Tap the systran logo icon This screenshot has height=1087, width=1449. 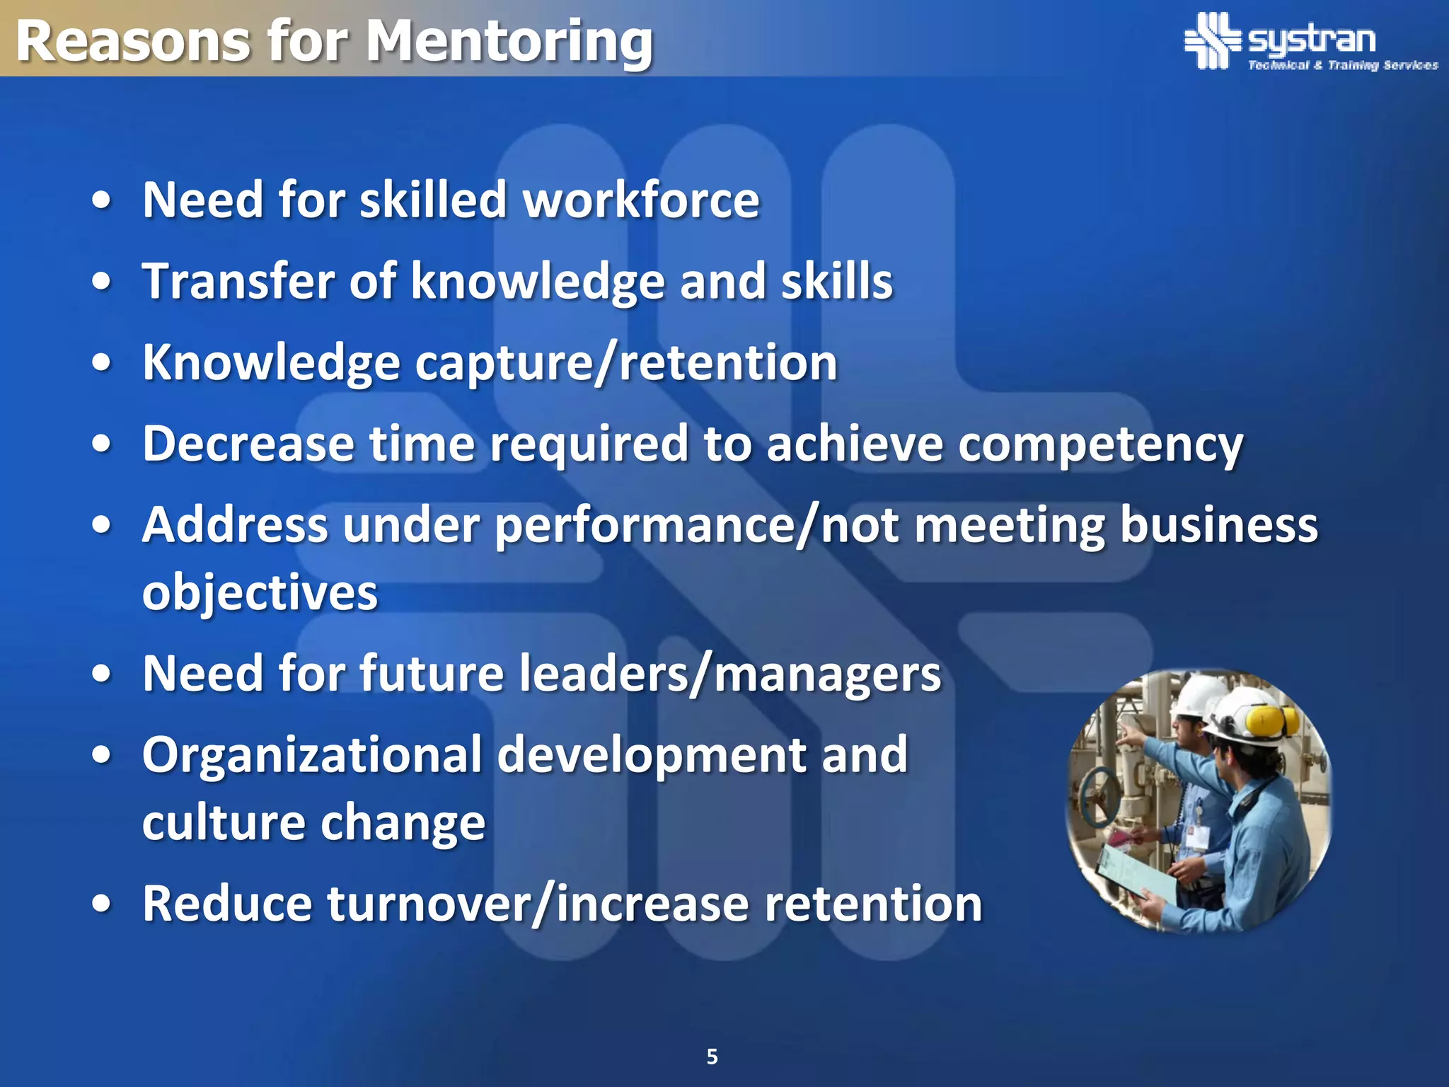pos(1212,40)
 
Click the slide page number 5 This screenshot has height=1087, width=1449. pos(712,1057)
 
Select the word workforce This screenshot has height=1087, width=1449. pos(641,200)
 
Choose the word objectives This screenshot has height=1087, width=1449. pos(260,592)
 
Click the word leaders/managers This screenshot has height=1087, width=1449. pos(730,674)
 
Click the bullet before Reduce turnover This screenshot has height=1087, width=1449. pos(102,904)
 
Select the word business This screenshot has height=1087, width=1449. pos(1219,526)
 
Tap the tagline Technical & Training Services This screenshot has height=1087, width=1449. pos(1342,65)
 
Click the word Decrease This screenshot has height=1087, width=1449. pos(248,444)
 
